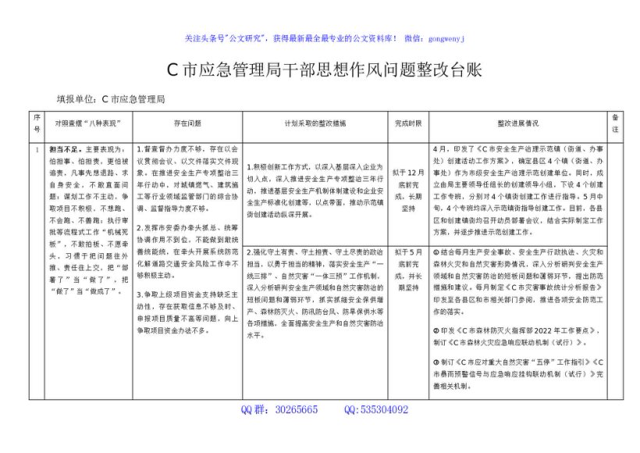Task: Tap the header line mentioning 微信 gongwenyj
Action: pyautogui.click(x=325, y=37)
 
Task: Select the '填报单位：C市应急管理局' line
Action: pyautogui.click(x=111, y=99)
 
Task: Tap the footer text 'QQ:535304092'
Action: pyautogui.click(x=375, y=409)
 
